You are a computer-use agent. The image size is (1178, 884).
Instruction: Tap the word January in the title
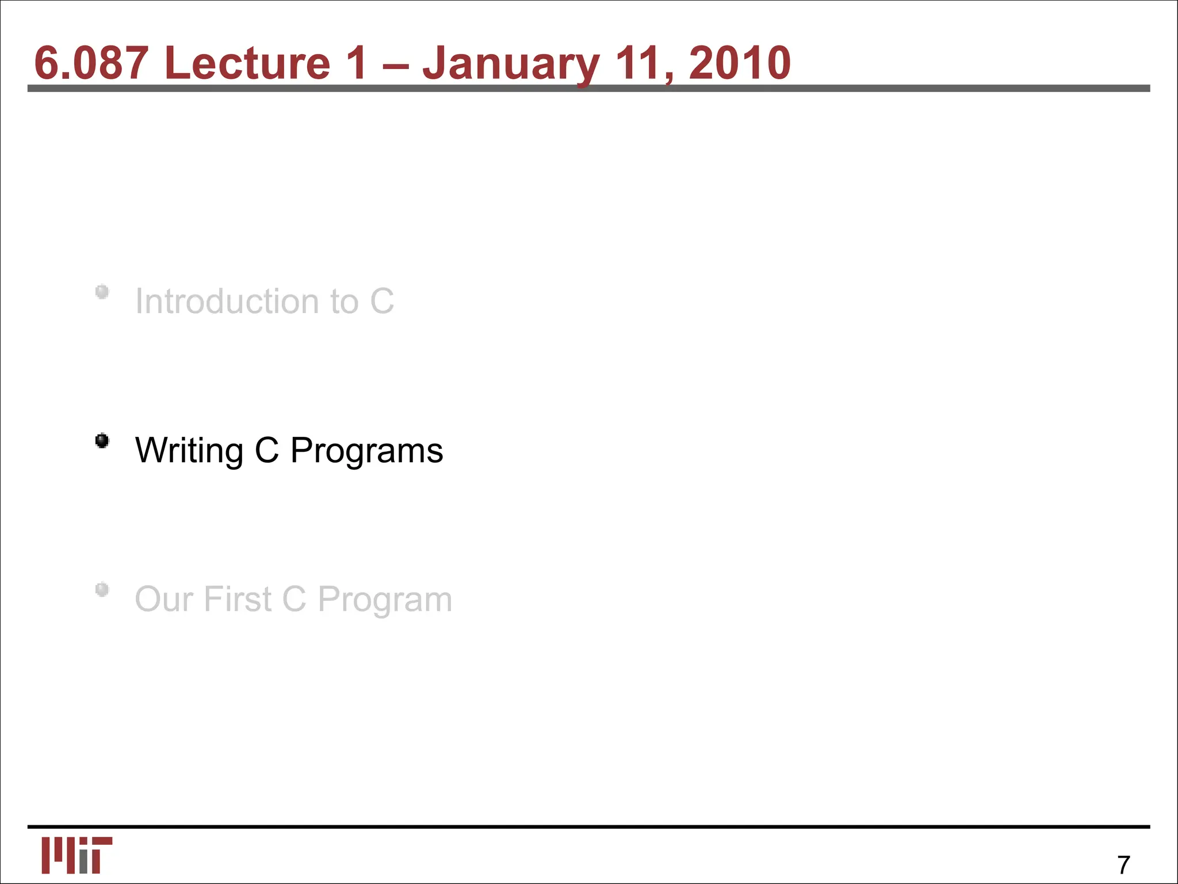coord(511,63)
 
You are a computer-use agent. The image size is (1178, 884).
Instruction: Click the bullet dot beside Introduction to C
coord(102,292)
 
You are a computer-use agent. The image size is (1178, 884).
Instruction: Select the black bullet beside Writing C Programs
coord(102,441)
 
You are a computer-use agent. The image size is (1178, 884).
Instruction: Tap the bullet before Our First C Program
coord(102,590)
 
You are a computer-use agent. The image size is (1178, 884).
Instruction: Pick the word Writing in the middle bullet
coord(189,450)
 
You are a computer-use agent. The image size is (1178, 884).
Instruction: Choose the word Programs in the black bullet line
coord(366,451)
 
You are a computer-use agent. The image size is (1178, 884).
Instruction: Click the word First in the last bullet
coord(237,599)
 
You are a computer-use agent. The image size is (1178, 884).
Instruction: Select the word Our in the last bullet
coord(164,599)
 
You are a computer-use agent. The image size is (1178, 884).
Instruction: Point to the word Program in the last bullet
coord(385,600)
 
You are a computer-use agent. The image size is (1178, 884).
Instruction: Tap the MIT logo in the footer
coord(77,855)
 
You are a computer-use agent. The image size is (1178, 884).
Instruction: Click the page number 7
coord(1123,865)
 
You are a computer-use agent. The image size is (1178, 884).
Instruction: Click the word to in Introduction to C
coord(344,301)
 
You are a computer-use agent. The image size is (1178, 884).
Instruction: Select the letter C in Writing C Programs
coord(266,450)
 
